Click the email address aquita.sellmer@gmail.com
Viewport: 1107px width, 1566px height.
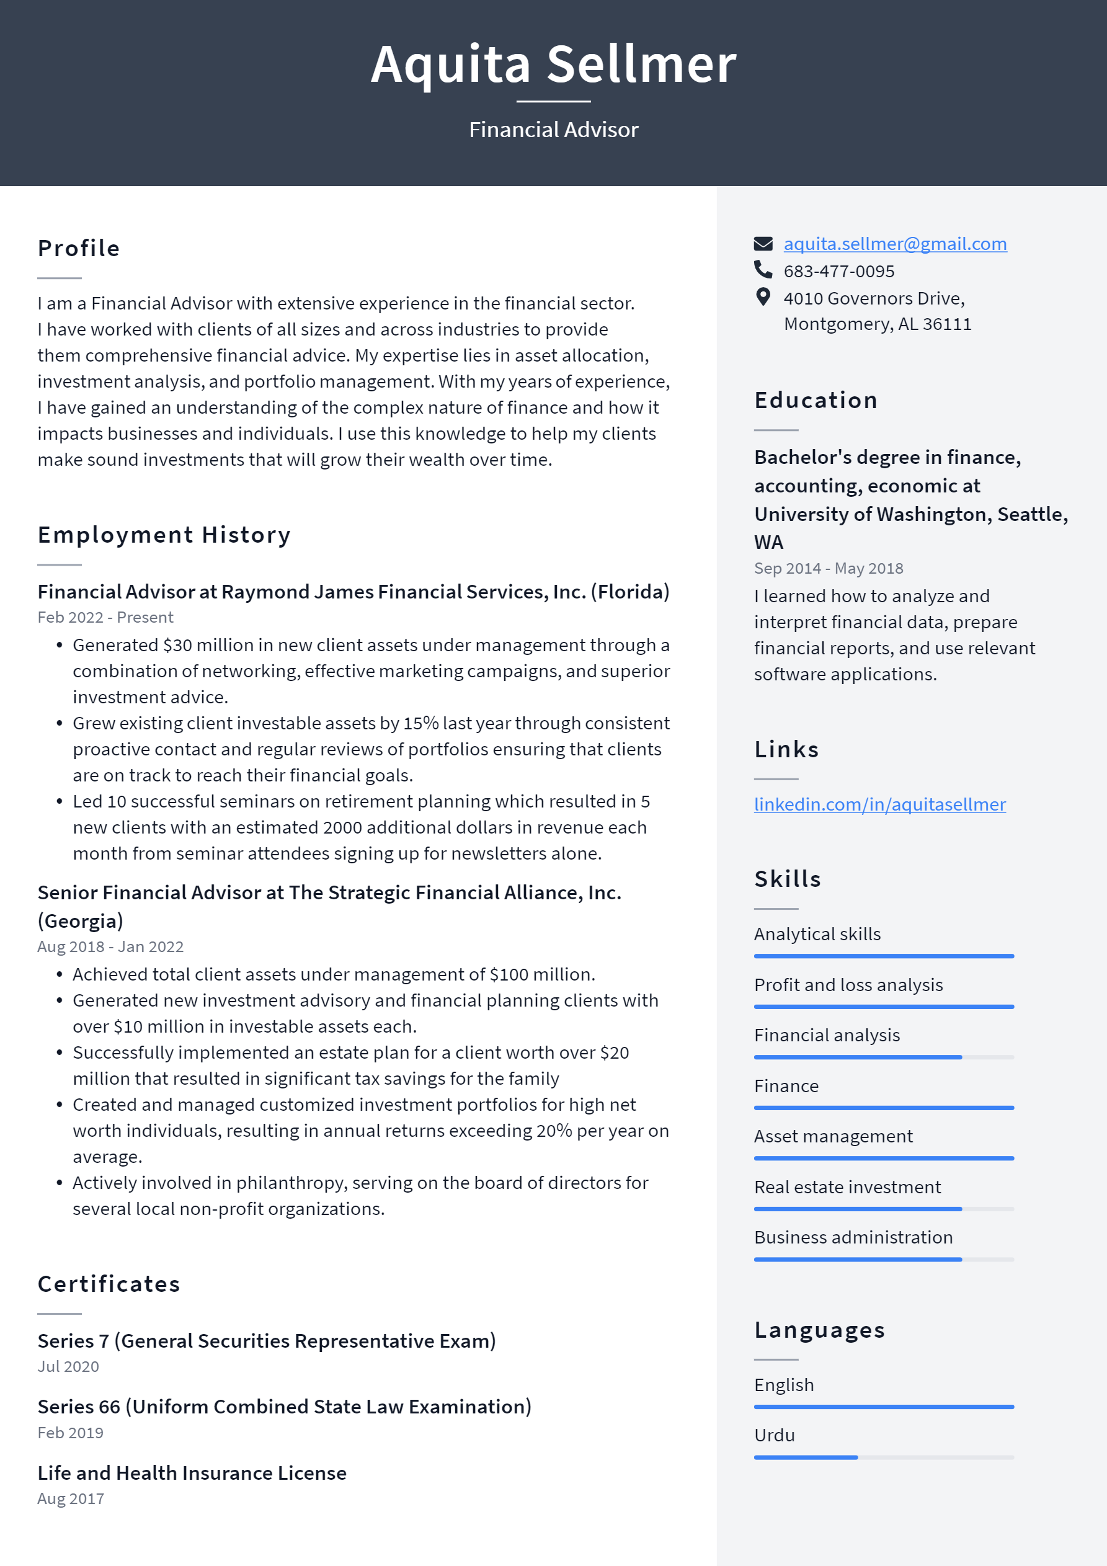pyautogui.click(x=894, y=244)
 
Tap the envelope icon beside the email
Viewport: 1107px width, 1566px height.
pyautogui.click(x=763, y=244)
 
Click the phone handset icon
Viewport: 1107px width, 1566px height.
pyautogui.click(x=763, y=270)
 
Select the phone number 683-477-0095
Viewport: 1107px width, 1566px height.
pyautogui.click(x=838, y=272)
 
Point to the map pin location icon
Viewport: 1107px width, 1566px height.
pyautogui.click(x=763, y=297)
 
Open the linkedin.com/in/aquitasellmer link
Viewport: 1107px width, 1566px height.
pyautogui.click(x=879, y=804)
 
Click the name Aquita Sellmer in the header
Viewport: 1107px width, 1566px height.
pyautogui.click(x=553, y=64)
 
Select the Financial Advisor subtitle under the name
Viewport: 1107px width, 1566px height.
pyautogui.click(x=553, y=130)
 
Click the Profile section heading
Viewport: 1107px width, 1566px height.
pyautogui.click(x=78, y=248)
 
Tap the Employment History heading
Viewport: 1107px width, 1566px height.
pyautogui.click(x=164, y=535)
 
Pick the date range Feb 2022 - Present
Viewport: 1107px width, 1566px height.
pyautogui.click(x=105, y=617)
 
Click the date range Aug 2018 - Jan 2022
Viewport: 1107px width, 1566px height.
pyautogui.click(x=110, y=946)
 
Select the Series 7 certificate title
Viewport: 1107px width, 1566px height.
pyautogui.click(x=266, y=1341)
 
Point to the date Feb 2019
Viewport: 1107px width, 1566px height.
pyautogui.click(x=70, y=1433)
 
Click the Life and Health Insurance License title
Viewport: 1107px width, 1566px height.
pyautogui.click(x=192, y=1473)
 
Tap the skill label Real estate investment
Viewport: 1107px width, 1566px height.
pyautogui.click(x=847, y=1187)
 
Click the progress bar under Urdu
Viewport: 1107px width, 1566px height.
pyautogui.click(x=883, y=1457)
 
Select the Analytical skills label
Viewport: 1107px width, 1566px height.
pyautogui.click(x=817, y=935)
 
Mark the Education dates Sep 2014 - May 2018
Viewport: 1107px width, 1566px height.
pyautogui.click(x=828, y=568)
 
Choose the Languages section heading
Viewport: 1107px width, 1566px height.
pyautogui.click(x=819, y=1330)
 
